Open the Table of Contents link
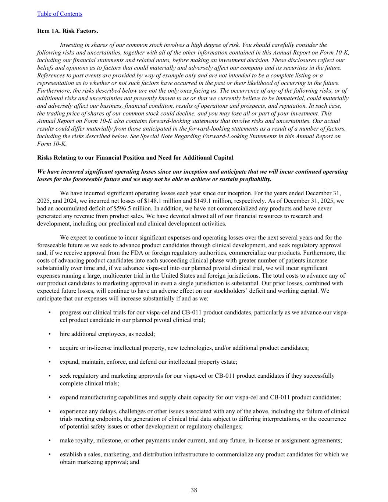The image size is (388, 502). point(60,14)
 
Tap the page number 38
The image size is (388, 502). point(194,490)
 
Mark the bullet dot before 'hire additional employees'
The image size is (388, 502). point(49,334)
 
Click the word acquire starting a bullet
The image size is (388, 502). point(70,348)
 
